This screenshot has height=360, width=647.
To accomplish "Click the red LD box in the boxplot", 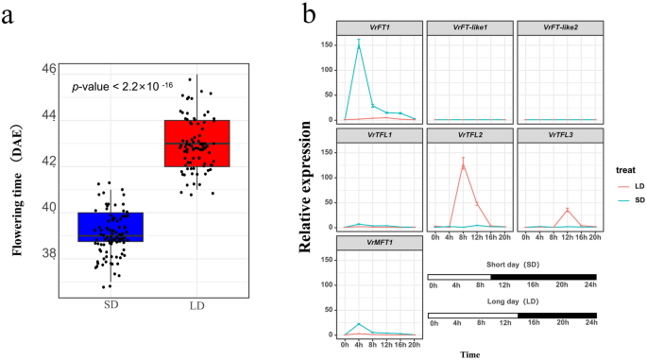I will tap(196, 143).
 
